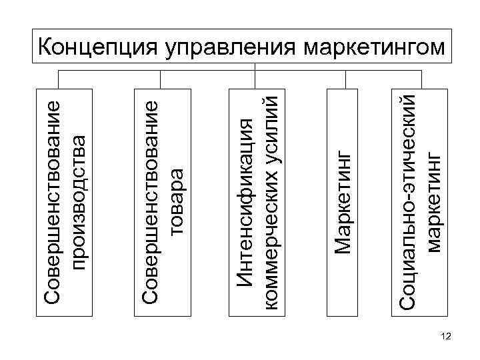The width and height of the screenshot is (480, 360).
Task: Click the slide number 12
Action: tap(446, 339)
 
